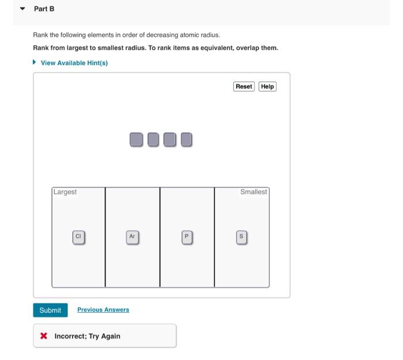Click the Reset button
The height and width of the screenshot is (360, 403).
(244, 86)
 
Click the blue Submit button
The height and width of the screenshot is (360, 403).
(50, 310)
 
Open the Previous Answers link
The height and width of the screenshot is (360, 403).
(103, 309)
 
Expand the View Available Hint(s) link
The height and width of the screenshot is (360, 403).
(74, 63)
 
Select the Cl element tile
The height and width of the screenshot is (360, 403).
(79, 236)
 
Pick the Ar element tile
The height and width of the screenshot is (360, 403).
(132, 236)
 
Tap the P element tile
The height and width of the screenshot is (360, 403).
(186, 236)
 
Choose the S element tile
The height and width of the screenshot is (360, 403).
(241, 236)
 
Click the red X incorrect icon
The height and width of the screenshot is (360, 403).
(44, 336)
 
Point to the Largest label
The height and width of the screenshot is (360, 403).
(65, 192)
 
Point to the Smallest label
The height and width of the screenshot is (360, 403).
(253, 192)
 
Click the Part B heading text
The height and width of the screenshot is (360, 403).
(44, 9)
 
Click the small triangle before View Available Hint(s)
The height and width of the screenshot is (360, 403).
(36, 63)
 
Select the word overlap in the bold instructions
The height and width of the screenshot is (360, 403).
(248, 48)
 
